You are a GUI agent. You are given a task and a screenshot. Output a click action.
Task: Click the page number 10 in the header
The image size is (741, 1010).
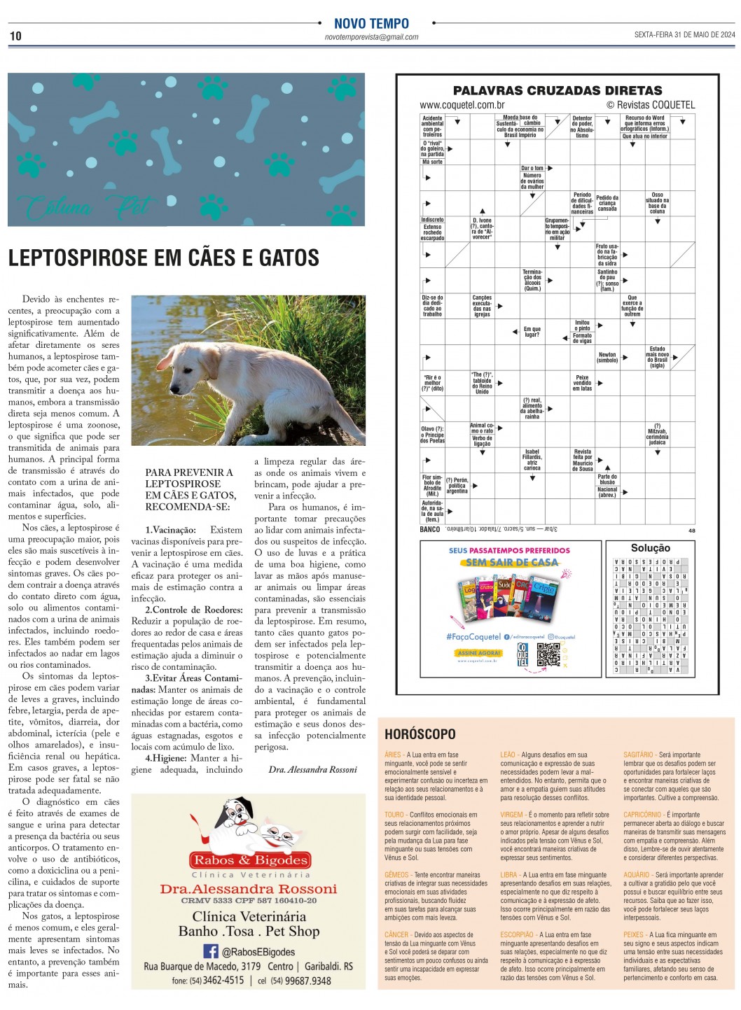15,36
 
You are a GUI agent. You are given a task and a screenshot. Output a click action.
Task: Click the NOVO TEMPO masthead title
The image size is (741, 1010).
371,23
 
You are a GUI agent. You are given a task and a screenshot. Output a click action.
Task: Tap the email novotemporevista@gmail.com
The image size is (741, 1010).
371,37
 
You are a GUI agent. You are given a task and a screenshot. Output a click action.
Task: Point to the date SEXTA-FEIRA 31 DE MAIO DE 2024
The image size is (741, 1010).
684,35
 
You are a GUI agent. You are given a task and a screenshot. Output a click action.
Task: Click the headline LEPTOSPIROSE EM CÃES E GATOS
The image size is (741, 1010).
164,258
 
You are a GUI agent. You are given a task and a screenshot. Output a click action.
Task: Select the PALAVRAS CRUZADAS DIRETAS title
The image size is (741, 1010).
557,90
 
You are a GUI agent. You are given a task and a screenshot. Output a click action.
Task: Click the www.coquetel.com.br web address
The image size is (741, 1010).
462,105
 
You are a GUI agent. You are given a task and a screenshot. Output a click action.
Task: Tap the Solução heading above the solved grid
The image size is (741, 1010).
650,548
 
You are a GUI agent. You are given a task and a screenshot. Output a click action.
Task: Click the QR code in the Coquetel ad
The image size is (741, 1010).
548,654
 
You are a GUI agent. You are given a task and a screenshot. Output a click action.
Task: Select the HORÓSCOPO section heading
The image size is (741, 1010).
420,734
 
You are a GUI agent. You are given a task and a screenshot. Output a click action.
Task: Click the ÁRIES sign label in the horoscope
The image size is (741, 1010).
393,755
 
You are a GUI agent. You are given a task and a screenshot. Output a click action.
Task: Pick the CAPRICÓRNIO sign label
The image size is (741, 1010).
642,815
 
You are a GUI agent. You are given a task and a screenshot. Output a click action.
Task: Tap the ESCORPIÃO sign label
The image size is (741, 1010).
517,934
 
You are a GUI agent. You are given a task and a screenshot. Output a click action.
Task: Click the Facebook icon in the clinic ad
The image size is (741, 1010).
211,951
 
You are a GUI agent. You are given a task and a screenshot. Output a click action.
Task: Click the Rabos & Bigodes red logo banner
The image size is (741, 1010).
250,860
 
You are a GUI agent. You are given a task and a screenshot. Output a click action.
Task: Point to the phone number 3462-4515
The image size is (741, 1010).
223,981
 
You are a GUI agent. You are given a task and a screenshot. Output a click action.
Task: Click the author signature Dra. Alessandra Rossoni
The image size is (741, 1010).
312,769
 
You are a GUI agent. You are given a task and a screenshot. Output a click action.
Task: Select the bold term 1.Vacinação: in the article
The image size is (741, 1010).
170,530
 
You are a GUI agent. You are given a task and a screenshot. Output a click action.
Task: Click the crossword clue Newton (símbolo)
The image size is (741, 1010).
607,358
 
